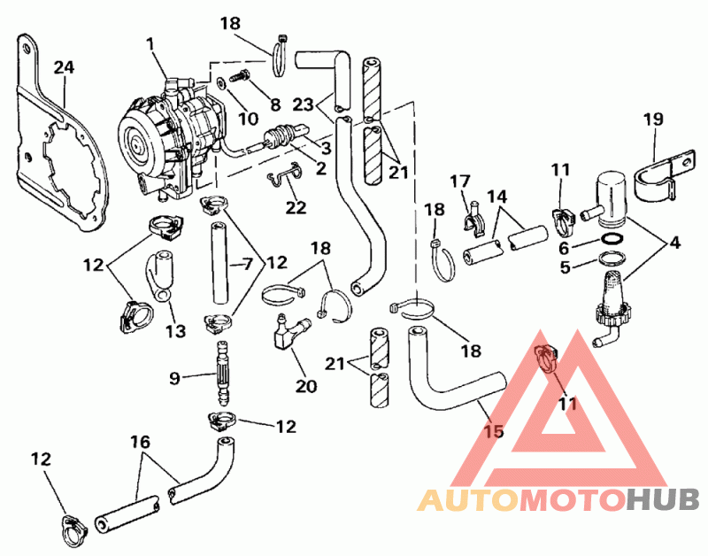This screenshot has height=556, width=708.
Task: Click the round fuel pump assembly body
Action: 168,133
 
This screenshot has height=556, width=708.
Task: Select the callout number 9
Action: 174,378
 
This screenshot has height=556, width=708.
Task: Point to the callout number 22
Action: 296,207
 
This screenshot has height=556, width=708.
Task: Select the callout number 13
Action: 174,331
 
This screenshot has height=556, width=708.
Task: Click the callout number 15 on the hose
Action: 493,431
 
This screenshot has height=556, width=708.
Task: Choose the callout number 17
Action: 458,181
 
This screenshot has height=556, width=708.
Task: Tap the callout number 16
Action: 140,442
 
